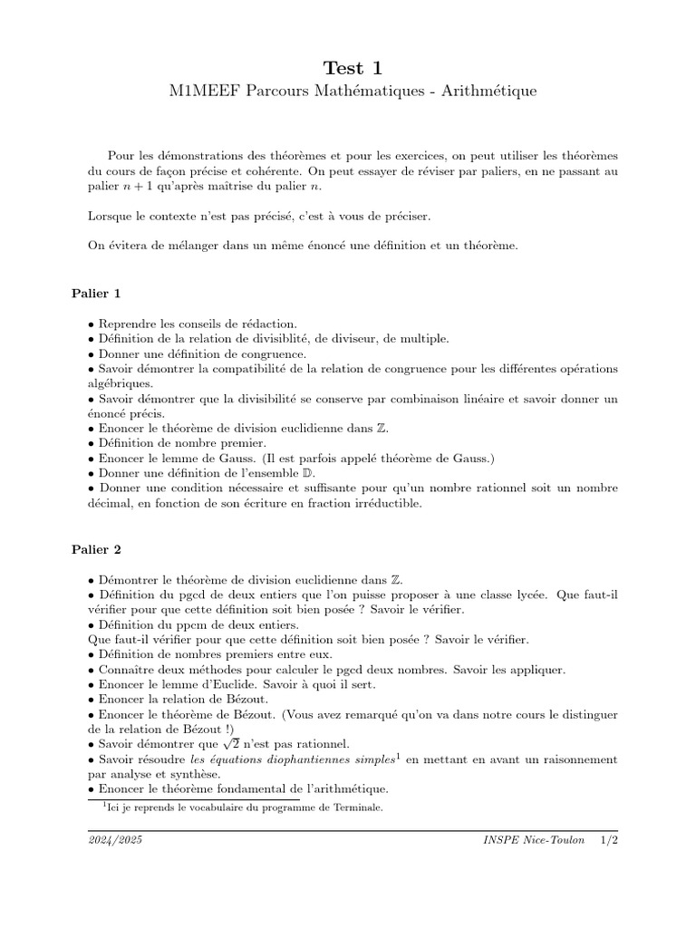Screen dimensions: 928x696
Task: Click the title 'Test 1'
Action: point(347,68)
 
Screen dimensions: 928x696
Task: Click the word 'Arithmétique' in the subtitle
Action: point(488,92)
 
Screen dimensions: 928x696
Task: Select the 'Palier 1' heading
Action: point(96,294)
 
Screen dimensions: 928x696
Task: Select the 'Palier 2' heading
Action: point(96,549)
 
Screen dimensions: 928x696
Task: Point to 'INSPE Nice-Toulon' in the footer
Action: point(534,842)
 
